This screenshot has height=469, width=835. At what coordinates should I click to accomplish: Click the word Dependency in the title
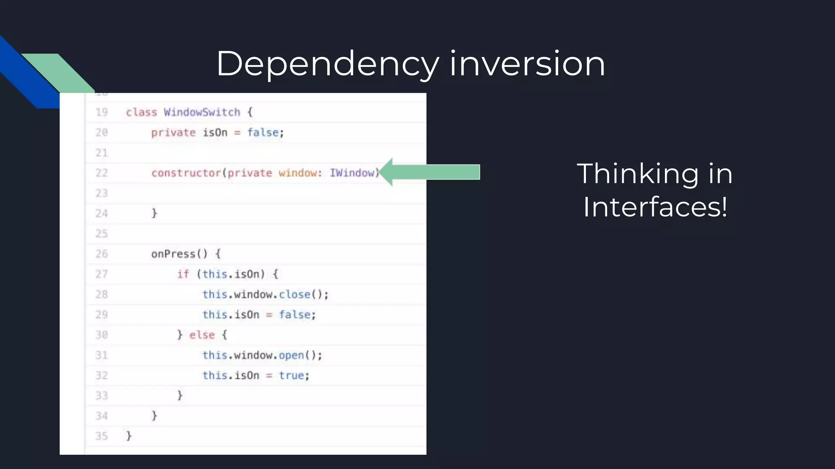pyautogui.click(x=327, y=64)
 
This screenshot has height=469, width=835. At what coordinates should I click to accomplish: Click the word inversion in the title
pyautogui.click(x=527, y=64)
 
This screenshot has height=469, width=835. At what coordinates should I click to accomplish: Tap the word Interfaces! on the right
pyautogui.click(x=655, y=207)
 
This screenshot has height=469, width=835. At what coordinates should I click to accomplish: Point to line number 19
pyautogui.click(x=102, y=112)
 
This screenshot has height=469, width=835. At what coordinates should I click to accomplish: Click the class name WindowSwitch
pyautogui.click(x=202, y=112)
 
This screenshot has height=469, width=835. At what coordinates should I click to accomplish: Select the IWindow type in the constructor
pyautogui.click(x=352, y=173)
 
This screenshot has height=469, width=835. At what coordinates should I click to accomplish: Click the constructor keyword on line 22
pyautogui.click(x=186, y=173)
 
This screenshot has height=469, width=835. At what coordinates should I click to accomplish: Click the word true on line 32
pyautogui.click(x=291, y=375)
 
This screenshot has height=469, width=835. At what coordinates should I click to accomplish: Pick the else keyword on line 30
pyautogui.click(x=202, y=335)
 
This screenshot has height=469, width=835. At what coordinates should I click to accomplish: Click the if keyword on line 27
pyautogui.click(x=183, y=274)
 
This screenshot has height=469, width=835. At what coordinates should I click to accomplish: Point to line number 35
pyautogui.click(x=102, y=436)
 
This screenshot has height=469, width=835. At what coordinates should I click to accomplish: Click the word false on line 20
pyautogui.click(x=263, y=132)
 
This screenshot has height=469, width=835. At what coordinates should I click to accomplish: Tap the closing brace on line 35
pyautogui.click(x=129, y=436)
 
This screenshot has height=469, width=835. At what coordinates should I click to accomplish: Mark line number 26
pyautogui.click(x=102, y=254)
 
